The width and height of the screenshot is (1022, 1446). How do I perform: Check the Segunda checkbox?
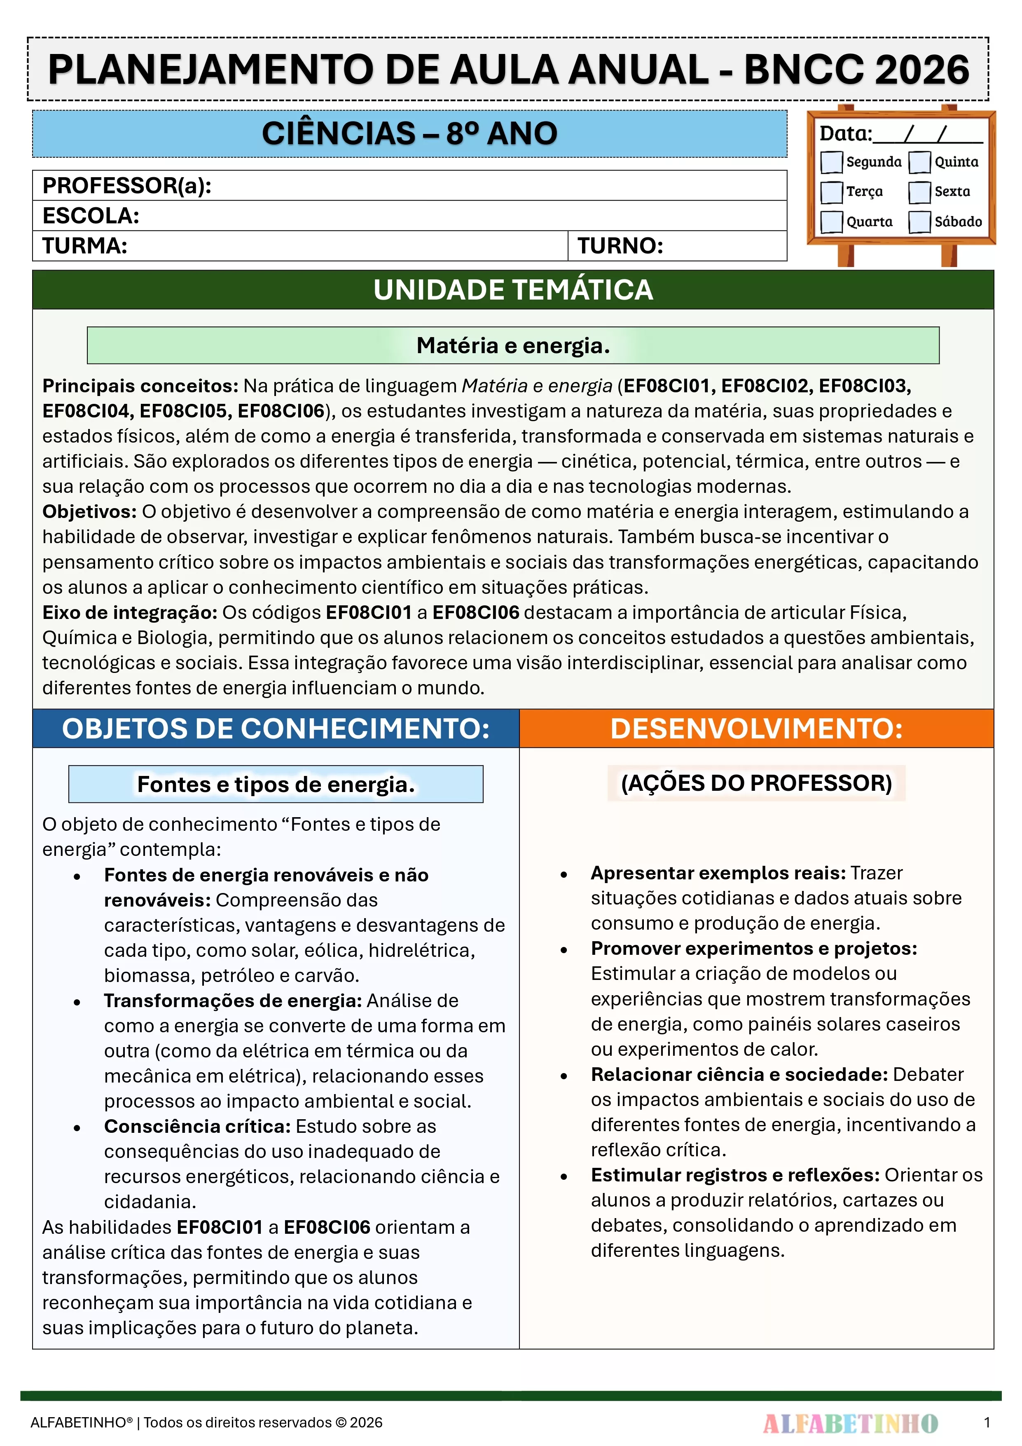pos(831,162)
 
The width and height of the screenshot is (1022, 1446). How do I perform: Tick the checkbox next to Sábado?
pos(919,222)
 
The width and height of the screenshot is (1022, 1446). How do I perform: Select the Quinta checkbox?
pos(919,162)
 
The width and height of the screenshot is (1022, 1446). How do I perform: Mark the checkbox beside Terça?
pos(831,192)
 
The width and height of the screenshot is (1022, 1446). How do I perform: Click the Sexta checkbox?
pos(919,192)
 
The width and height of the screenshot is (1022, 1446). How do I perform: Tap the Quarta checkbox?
pos(831,222)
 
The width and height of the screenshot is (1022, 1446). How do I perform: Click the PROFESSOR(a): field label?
pos(126,186)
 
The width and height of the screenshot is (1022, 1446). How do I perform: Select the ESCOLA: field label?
pos(91,216)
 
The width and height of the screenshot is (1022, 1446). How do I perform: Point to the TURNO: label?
pos(620,246)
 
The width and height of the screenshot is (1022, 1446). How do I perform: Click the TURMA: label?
pos(85,246)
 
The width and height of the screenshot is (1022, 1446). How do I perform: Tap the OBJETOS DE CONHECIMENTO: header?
pos(276,729)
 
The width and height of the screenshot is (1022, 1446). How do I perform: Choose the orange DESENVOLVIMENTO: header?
pos(756,729)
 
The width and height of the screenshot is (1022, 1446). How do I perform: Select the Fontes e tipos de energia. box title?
pos(276,785)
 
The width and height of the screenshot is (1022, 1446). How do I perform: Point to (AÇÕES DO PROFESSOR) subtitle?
pos(756,783)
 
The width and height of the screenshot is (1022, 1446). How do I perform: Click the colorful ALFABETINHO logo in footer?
pos(850,1423)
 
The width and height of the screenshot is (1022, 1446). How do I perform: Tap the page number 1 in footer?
pos(987,1422)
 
